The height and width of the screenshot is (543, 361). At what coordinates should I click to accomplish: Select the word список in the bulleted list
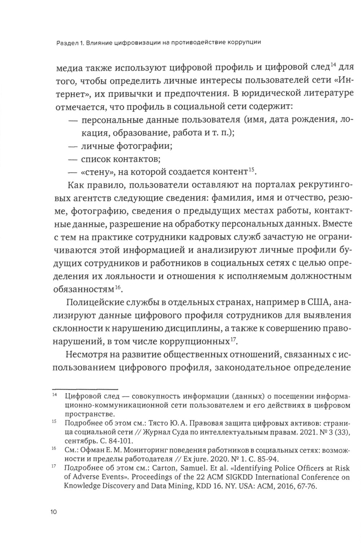pos(95,159)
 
